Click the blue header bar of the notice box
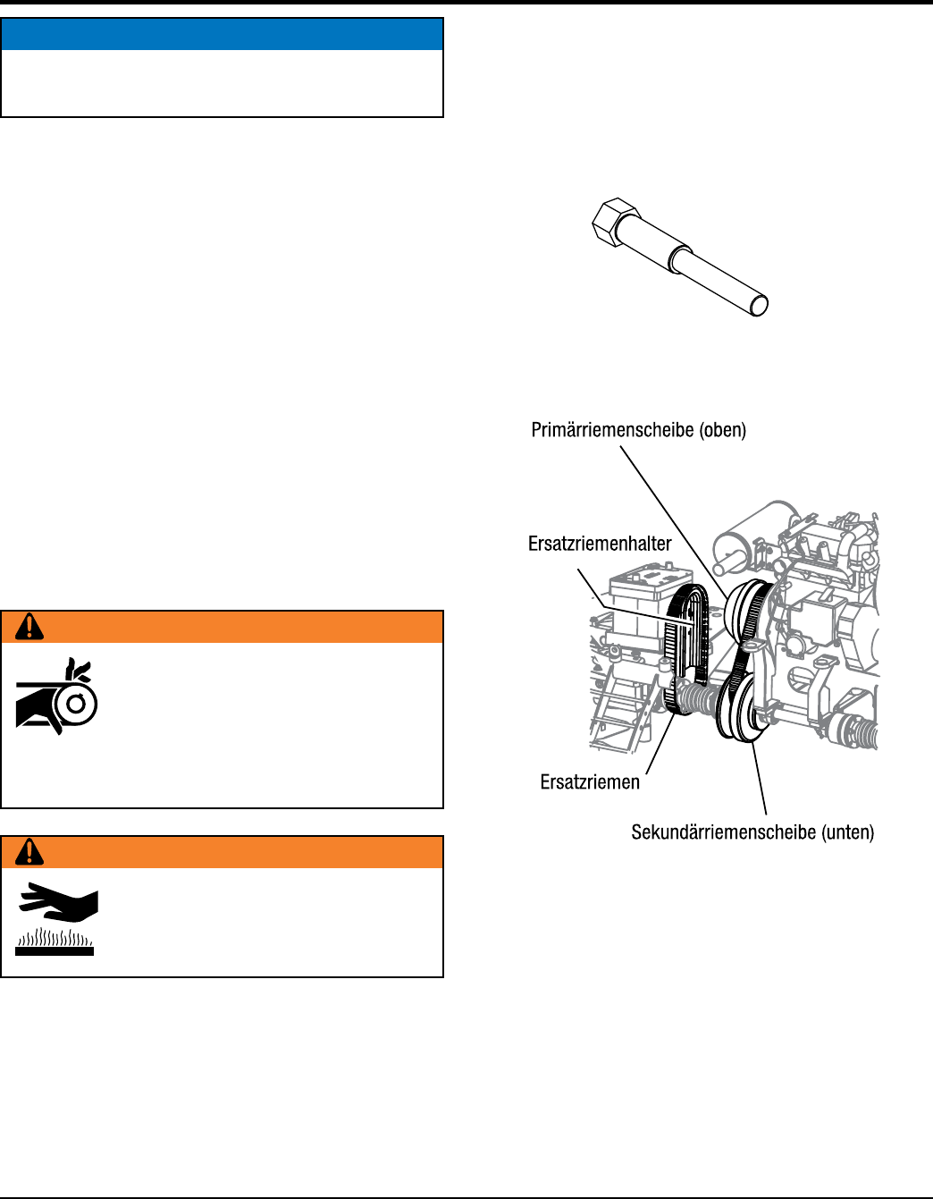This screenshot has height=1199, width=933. [222, 34]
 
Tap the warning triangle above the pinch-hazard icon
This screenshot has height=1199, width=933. [29, 628]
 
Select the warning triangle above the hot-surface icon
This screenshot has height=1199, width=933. [29, 853]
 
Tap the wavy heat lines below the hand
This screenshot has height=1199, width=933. [55, 939]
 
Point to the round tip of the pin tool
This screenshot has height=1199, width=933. [759, 306]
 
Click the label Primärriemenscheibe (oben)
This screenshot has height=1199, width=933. [638, 430]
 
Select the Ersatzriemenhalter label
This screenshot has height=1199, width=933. [600, 544]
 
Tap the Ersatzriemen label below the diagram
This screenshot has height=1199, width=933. [590, 782]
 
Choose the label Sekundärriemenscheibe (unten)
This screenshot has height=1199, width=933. [752, 832]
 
